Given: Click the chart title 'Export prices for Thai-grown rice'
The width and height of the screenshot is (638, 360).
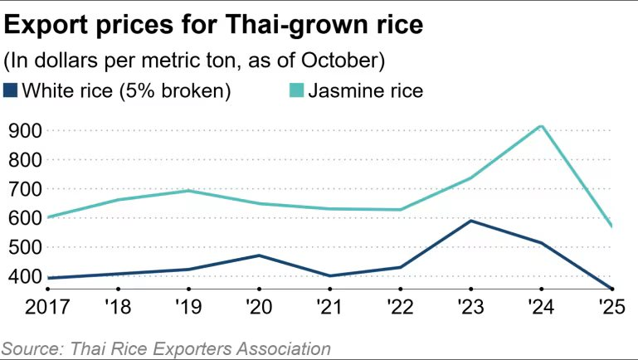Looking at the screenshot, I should [214, 24].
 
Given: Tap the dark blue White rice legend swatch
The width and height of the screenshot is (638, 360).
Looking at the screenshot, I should [10, 90].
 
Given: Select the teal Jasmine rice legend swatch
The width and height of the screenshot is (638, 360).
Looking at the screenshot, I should [295, 90].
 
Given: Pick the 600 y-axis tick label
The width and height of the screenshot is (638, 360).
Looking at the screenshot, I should [24, 217].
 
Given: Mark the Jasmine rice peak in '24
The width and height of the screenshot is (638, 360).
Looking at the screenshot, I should [541, 126].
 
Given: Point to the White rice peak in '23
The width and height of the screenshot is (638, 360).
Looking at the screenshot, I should [470, 221].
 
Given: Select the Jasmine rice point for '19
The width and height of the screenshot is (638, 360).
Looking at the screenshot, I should [188, 191].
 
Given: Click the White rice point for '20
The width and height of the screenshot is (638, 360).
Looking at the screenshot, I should [259, 255].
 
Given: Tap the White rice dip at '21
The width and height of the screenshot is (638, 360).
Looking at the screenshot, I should [329, 276].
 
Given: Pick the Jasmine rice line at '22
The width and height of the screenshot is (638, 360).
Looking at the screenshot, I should [400, 210].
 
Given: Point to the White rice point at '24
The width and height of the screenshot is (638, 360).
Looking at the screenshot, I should [541, 243].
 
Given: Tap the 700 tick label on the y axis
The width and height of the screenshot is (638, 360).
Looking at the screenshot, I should [24, 188].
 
